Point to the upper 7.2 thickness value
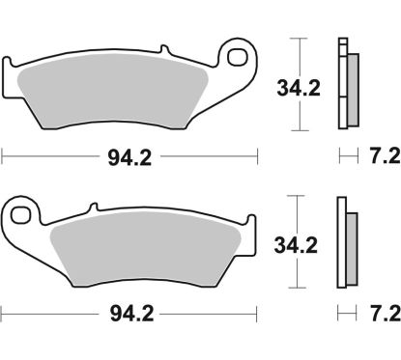[x=378, y=153]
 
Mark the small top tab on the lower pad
[x=93, y=206]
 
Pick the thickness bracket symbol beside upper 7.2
[x=345, y=153]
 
